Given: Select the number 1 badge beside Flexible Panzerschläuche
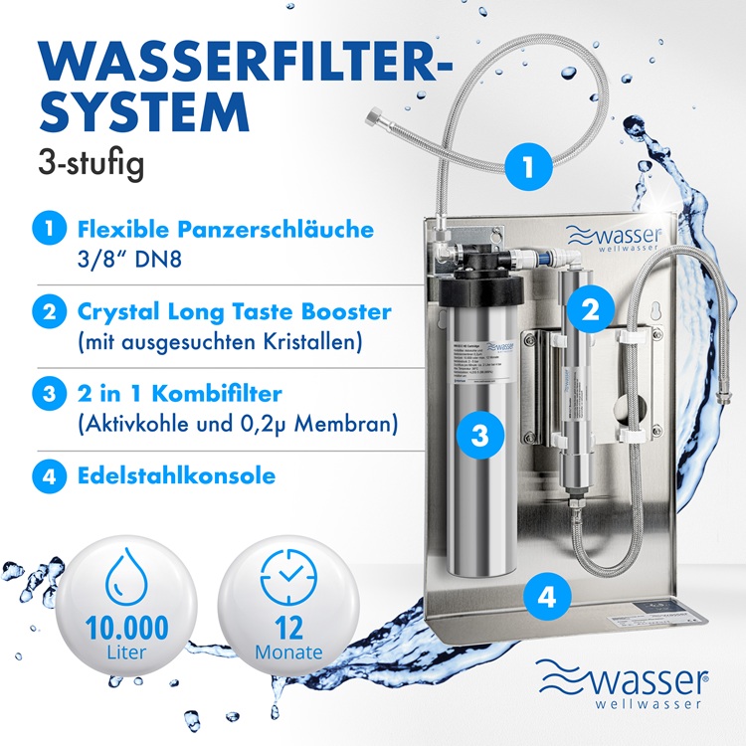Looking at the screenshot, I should pyautogui.click(x=46, y=231).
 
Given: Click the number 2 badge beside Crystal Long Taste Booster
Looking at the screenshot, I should pyautogui.click(x=46, y=312).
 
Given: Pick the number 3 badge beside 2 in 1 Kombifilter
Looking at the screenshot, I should pyautogui.click(x=46, y=394).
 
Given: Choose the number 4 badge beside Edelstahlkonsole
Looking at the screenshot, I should pyautogui.click(x=46, y=475).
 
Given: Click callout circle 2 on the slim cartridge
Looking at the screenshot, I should pyautogui.click(x=589, y=309).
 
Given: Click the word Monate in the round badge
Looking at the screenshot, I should pyautogui.click(x=288, y=653).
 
